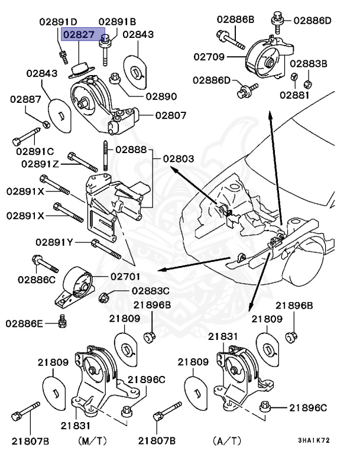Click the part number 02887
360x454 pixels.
click(25, 99)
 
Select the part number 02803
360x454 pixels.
click(178, 159)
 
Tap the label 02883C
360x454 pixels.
click(150, 291)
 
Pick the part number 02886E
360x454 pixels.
click(25, 323)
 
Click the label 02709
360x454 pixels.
click(209, 57)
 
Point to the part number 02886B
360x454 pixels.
click(235, 19)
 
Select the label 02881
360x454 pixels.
click(294, 93)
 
